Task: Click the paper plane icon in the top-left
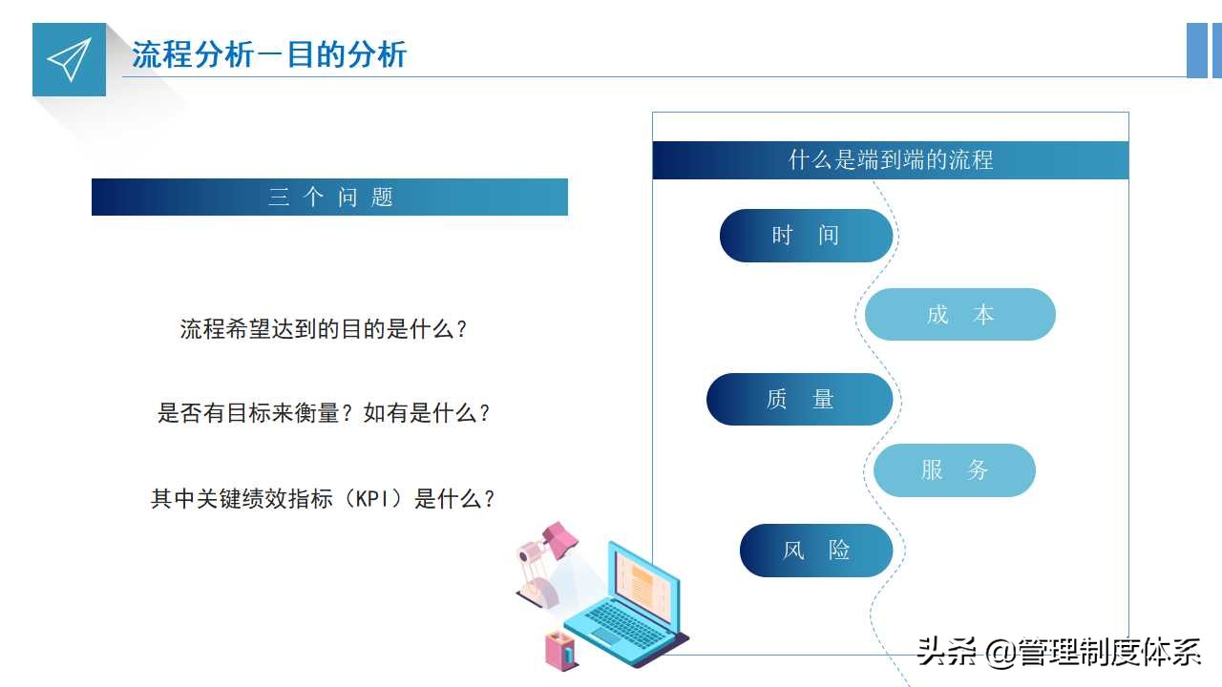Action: pyautogui.click(x=69, y=59)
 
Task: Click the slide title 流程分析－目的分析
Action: pyautogui.click(x=269, y=54)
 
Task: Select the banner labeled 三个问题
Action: pyautogui.click(x=329, y=198)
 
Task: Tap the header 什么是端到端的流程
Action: pyautogui.click(x=890, y=160)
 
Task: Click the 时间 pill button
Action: pyautogui.click(x=805, y=236)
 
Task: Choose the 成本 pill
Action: pyautogui.click(x=959, y=315)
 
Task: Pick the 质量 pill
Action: pyautogui.click(x=799, y=400)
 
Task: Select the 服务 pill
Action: pyautogui.click(x=954, y=470)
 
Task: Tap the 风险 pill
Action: pyautogui.click(x=815, y=551)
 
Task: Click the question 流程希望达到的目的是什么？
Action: pyautogui.click(x=325, y=330)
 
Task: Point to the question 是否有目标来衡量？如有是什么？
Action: pyautogui.click(x=325, y=414)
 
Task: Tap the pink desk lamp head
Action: pyautogui.click(x=560, y=539)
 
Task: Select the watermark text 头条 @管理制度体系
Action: pyautogui.click(x=1058, y=653)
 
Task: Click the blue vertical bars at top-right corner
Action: pyautogui.click(x=1202, y=50)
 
